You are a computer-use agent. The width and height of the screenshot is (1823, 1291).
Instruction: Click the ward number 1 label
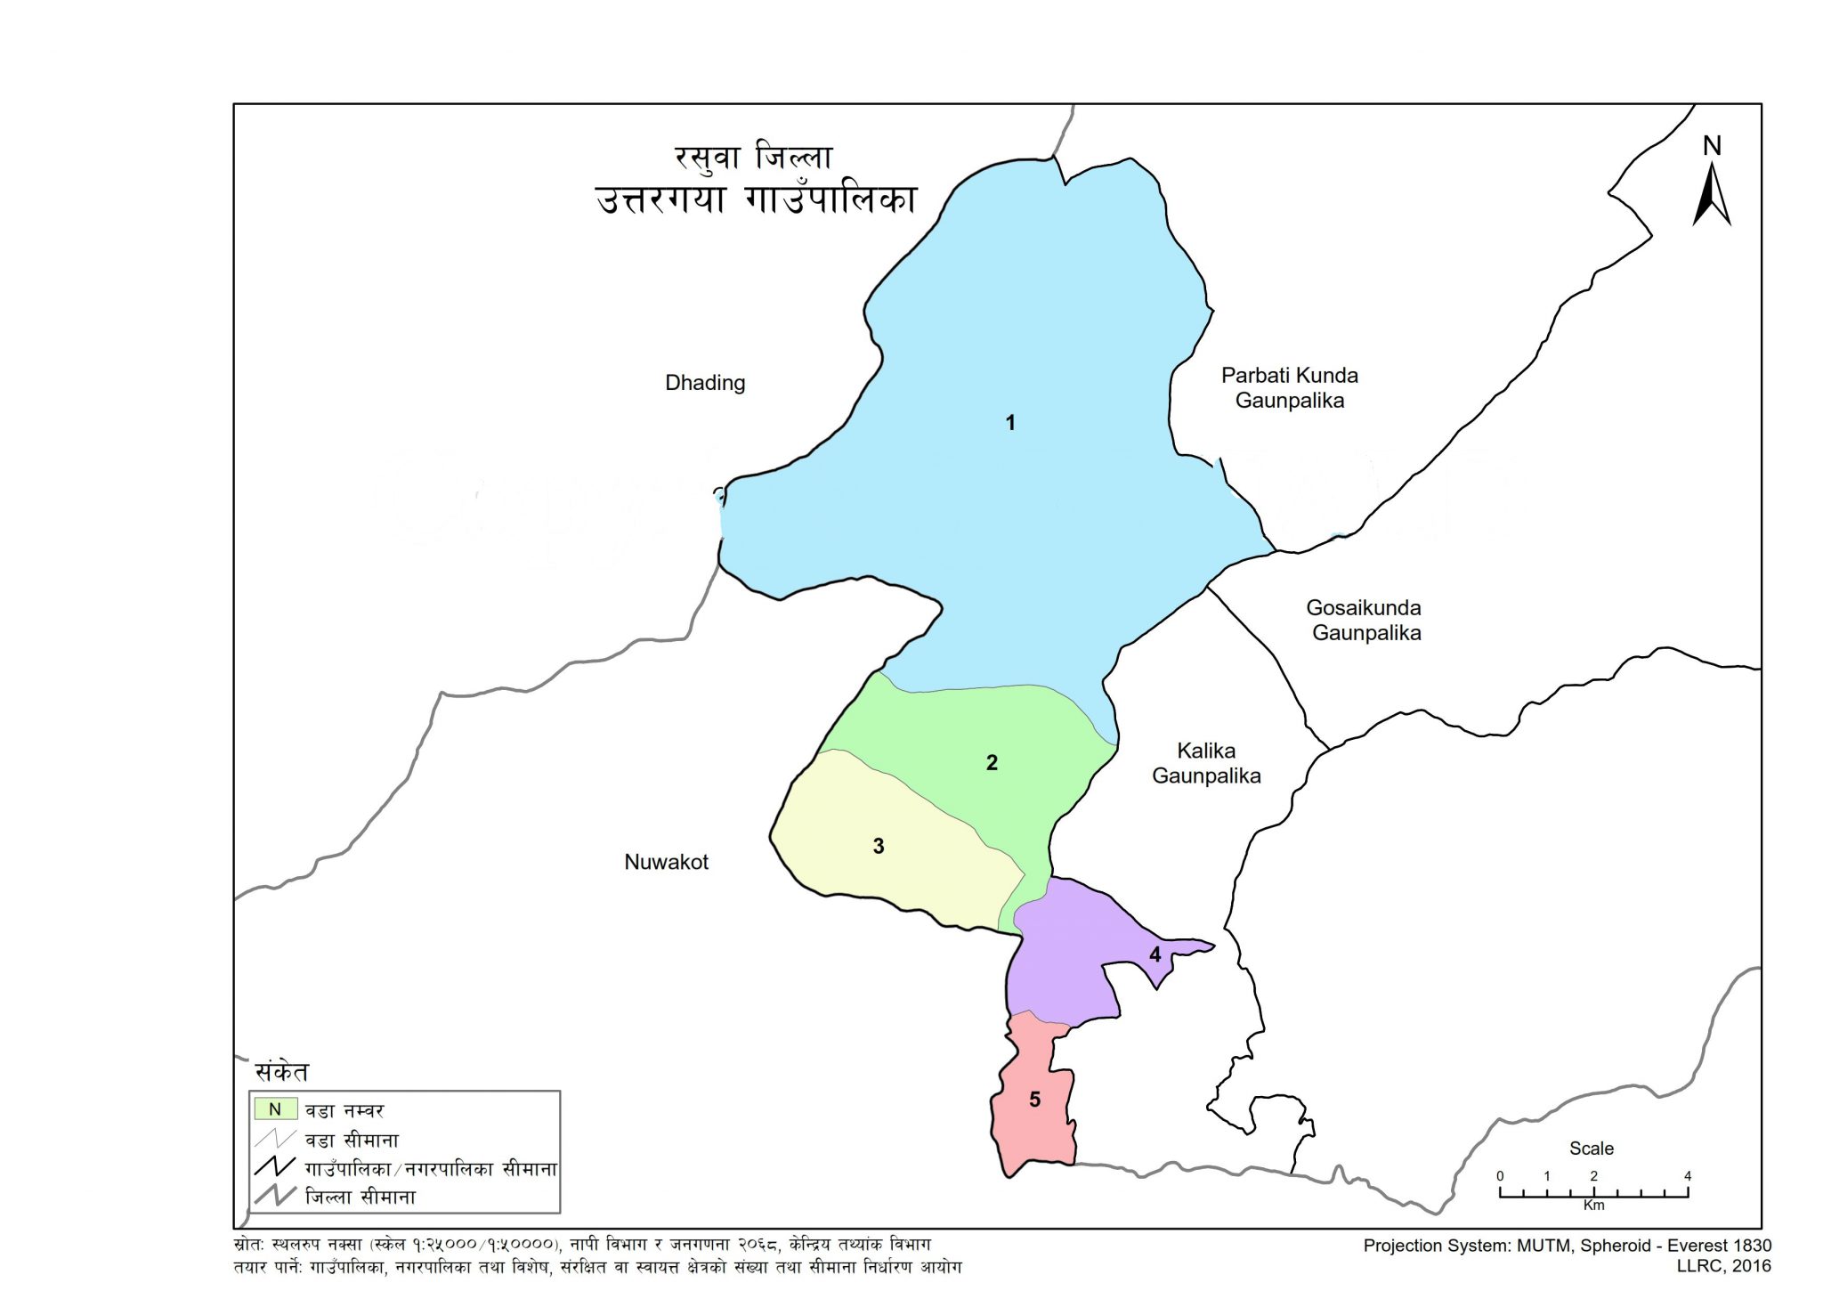point(1010,423)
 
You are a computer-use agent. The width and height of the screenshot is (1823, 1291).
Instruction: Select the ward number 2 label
point(992,763)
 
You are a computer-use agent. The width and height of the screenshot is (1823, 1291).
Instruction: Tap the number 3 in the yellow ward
point(879,847)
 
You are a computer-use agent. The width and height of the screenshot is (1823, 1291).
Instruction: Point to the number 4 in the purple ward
point(1155,955)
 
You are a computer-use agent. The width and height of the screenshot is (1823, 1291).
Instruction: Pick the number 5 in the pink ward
point(1034,1100)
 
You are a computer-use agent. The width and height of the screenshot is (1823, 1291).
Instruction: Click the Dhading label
point(705,383)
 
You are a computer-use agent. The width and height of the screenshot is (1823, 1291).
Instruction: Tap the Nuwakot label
point(666,862)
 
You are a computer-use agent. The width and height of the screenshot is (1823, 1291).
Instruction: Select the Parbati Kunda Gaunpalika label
point(1289,388)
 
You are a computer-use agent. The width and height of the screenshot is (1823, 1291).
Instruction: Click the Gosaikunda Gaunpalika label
point(1365,621)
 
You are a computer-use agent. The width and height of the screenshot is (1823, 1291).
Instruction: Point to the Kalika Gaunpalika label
point(1206,763)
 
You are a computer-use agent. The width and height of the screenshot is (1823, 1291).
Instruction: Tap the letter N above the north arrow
point(1712,146)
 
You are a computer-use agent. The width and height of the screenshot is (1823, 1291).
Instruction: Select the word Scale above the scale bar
point(1591,1149)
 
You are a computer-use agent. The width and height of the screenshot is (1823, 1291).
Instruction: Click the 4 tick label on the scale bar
point(1687,1176)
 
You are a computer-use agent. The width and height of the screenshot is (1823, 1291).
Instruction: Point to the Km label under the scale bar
point(1593,1206)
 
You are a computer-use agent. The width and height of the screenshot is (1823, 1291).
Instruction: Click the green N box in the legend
point(275,1109)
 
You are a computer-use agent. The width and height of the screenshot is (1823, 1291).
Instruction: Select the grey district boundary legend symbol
point(274,1196)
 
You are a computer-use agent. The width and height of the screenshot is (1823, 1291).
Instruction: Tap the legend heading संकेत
point(281,1071)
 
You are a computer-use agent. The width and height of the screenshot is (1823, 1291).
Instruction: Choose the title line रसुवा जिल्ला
point(753,158)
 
